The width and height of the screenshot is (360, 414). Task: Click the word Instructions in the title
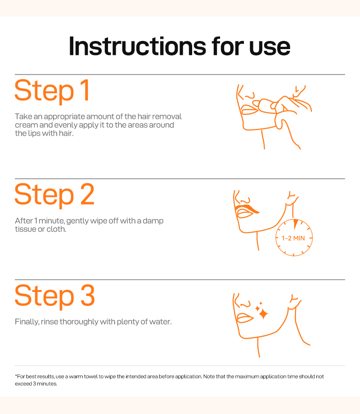[137, 46]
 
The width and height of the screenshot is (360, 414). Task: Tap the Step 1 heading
[52, 90]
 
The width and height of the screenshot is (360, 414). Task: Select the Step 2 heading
[54, 194]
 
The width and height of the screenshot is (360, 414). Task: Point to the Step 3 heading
[54, 296]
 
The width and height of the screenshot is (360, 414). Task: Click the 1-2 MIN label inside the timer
[293, 238]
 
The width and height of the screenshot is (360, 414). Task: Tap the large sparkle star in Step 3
[263, 314]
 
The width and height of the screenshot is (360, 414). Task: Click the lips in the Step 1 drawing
[249, 109]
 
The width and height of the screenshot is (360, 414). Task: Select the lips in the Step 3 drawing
[245, 318]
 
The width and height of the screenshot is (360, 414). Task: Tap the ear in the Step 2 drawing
[292, 199]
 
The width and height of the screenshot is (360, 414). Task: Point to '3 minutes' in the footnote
[45, 384]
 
